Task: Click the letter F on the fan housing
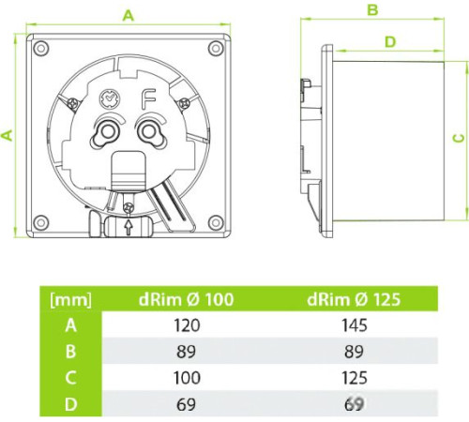click(149, 99)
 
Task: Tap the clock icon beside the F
click(110, 98)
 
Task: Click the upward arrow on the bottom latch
click(129, 227)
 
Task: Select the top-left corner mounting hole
click(41, 49)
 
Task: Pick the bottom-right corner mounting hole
click(216, 222)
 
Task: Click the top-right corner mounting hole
click(216, 49)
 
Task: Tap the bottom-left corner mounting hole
click(41, 222)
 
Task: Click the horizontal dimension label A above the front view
click(129, 15)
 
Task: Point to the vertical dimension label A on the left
click(8, 135)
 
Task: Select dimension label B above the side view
click(372, 10)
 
